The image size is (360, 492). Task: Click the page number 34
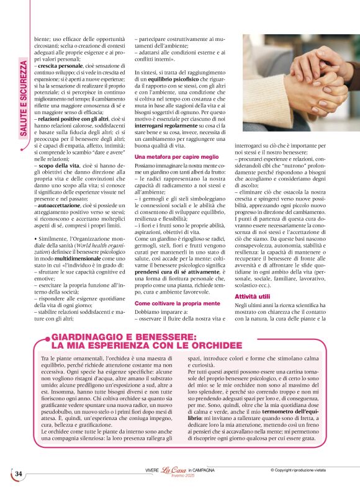click(x=18, y=474)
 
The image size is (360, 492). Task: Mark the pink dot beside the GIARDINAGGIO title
click(x=43, y=338)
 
